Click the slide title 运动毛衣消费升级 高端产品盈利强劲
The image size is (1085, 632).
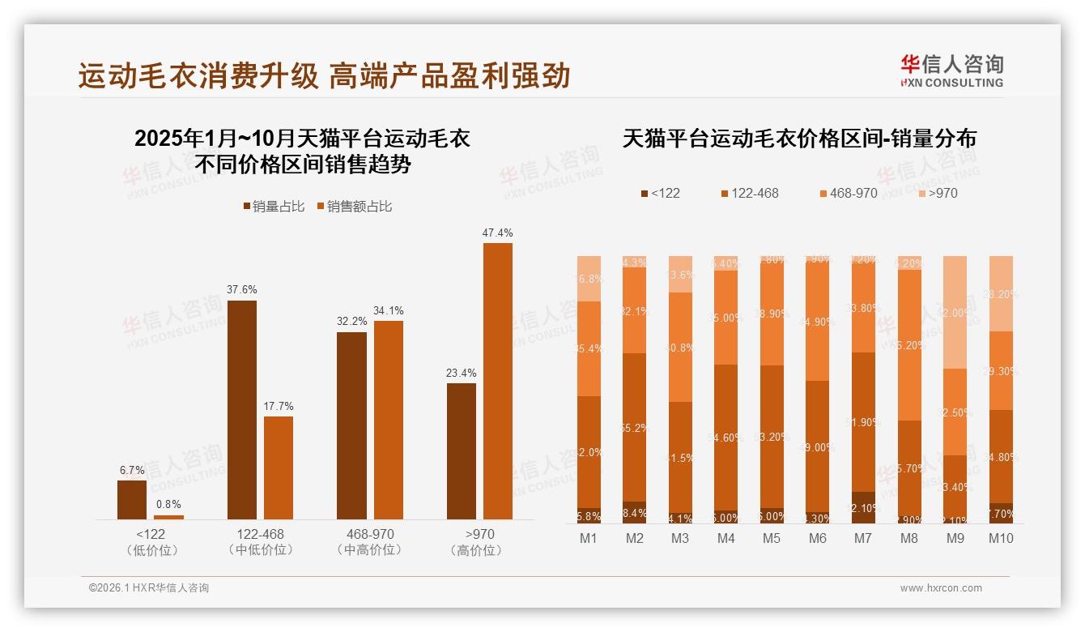[324, 75]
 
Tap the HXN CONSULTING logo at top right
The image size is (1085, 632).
[951, 71]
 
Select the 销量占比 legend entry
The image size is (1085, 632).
[274, 207]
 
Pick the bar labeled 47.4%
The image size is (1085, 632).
[497, 381]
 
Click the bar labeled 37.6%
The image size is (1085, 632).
[241, 409]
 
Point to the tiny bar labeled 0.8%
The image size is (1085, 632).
[168, 516]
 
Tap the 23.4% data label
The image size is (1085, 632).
[461, 374]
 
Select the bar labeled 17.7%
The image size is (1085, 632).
[279, 468]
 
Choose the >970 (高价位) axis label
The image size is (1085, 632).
[479, 542]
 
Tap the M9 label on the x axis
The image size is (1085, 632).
[955, 538]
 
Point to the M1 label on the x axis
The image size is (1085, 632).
[589, 538]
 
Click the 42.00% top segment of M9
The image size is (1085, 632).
[955, 312]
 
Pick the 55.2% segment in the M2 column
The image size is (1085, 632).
[634, 427]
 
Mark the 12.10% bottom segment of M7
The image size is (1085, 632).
[863, 507]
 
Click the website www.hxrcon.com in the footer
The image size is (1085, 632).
[941, 588]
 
